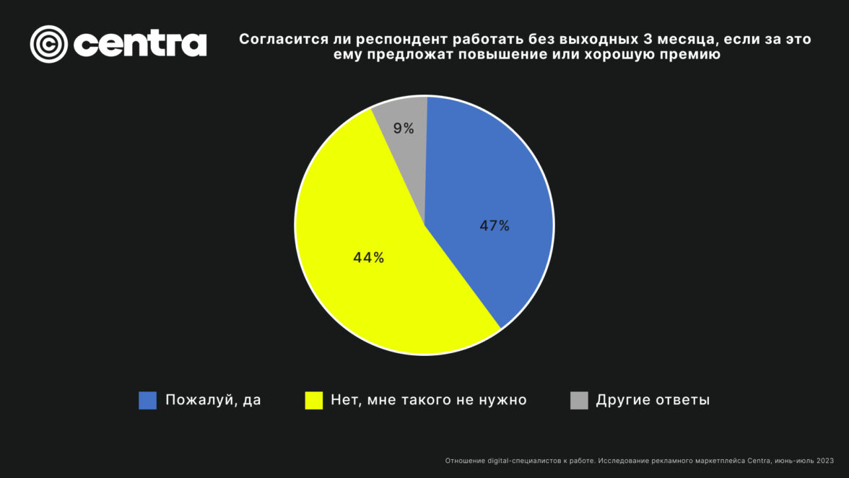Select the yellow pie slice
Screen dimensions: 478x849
point(375,289)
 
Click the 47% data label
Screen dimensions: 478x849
point(495,226)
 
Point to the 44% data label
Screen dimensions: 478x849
point(368,258)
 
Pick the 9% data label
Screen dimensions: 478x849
point(404,129)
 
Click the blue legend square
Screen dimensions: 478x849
point(147,400)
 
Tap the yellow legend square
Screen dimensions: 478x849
point(313,400)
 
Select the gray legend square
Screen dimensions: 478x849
point(579,400)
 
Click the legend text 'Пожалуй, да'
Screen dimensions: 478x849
point(213,400)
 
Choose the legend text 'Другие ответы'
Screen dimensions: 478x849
point(653,400)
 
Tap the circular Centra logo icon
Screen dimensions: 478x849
point(48,44)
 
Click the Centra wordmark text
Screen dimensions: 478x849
point(140,45)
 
